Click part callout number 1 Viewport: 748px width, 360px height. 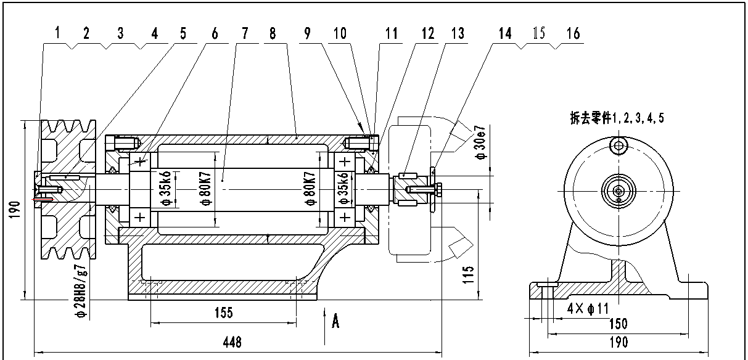pos(57,33)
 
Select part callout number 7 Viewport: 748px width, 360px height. pos(245,33)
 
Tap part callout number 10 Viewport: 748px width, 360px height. pos(340,33)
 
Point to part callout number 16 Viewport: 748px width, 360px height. pos(573,33)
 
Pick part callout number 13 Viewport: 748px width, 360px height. pos(458,33)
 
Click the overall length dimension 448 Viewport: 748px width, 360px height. pos(232,342)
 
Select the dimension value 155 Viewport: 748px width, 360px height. pos(224,313)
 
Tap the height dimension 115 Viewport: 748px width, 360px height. pos(469,274)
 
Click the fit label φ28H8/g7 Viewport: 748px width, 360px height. pos(82,291)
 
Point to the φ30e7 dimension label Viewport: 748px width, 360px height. pos(481,142)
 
